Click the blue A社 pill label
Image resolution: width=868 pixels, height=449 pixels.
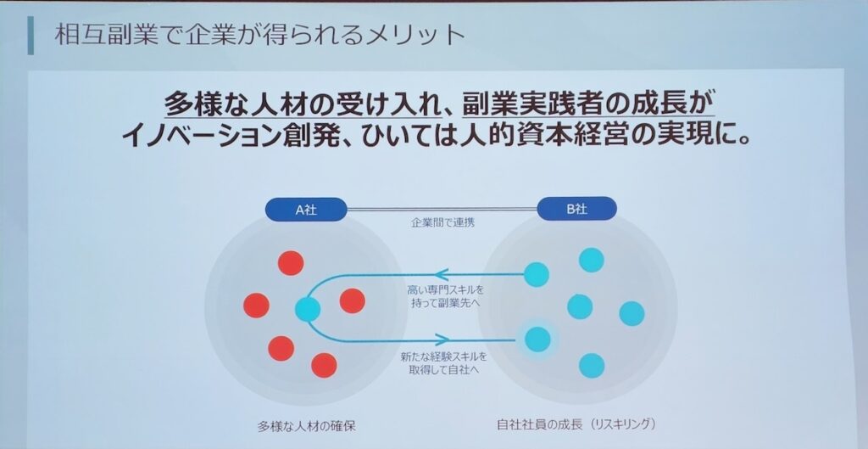click(x=306, y=210)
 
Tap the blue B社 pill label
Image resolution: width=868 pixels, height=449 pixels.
click(x=576, y=209)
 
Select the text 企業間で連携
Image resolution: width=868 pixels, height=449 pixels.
click(x=442, y=224)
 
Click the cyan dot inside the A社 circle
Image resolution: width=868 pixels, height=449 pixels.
click(x=308, y=309)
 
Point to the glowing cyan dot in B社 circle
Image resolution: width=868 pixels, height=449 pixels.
click(x=537, y=340)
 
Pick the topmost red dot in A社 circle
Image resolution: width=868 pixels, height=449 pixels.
click(x=291, y=263)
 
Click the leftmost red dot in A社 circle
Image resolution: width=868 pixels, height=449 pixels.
click(x=256, y=306)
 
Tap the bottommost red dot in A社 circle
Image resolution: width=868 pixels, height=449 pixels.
click(x=324, y=365)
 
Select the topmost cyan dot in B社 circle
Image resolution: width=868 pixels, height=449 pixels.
click(x=591, y=260)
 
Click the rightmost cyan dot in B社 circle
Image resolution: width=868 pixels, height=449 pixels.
click(x=632, y=314)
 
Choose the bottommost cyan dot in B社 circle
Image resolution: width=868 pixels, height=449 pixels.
click(x=591, y=365)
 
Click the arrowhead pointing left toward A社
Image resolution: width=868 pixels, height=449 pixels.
click(x=441, y=274)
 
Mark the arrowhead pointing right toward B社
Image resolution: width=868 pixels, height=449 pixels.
click(x=442, y=340)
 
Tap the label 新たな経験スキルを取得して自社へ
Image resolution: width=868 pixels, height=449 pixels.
click(x=444, y=362)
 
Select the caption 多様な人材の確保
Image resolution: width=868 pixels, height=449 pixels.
click(x=306, y=426)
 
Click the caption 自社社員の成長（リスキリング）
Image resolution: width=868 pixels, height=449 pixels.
click(x=576, y=424)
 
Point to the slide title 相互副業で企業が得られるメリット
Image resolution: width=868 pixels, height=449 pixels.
click(x=259, y=34)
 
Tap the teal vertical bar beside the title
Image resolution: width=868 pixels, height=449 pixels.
click(x=31, y=35)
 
